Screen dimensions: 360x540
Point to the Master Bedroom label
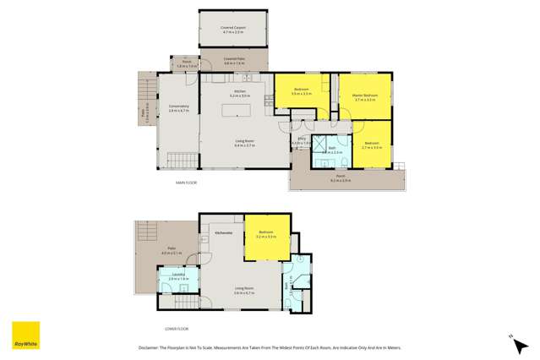(364, 97)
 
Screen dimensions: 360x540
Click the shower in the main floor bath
(320, 144)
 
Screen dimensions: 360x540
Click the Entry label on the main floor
(302, 141)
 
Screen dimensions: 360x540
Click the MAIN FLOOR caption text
(187, 182)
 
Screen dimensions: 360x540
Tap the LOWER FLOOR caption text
(177, 329)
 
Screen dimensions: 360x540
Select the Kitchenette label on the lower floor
(224, 232)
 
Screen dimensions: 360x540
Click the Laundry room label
(177, 276)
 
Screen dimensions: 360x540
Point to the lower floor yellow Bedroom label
(266, 234)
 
